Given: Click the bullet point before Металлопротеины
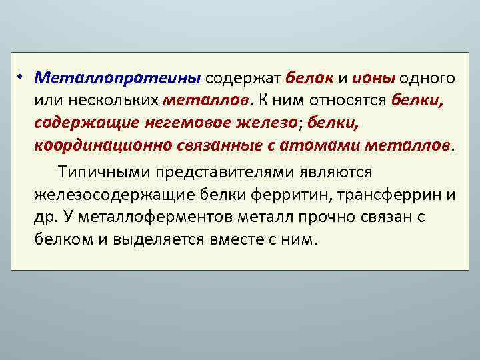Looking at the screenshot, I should [x=21, y=77].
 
